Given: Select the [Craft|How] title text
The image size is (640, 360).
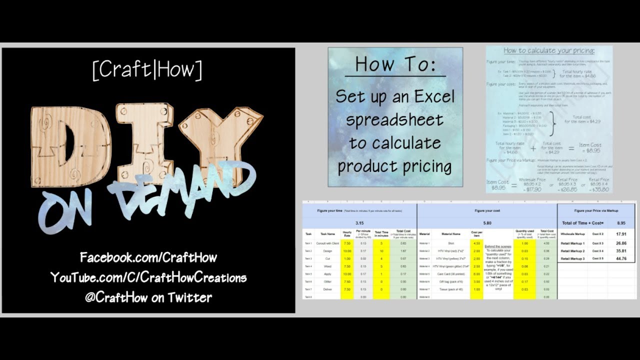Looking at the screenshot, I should [x=147, y=70].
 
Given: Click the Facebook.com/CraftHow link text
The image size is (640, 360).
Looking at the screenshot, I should [x=148, y=258].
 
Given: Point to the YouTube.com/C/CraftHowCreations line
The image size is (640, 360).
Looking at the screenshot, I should [x=148, y=277].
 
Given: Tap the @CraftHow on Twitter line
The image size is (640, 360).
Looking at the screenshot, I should [x=148, y=297].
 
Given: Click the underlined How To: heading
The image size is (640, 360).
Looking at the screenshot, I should [x=395, y=64].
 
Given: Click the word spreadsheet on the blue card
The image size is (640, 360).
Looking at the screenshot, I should [x=395, y=120].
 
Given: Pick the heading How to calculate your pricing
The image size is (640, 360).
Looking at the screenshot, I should [x=549, y=50].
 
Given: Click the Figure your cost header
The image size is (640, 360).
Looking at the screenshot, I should [x=487, y=210].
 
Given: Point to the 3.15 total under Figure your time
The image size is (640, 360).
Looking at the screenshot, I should [x=359, y=223].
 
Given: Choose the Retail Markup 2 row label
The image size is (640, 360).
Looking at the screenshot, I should [x=573, y=250].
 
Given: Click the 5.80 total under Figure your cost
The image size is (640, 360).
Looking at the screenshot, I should [x=487, y=223].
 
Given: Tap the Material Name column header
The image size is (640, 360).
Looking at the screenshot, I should [x=451, y=233].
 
